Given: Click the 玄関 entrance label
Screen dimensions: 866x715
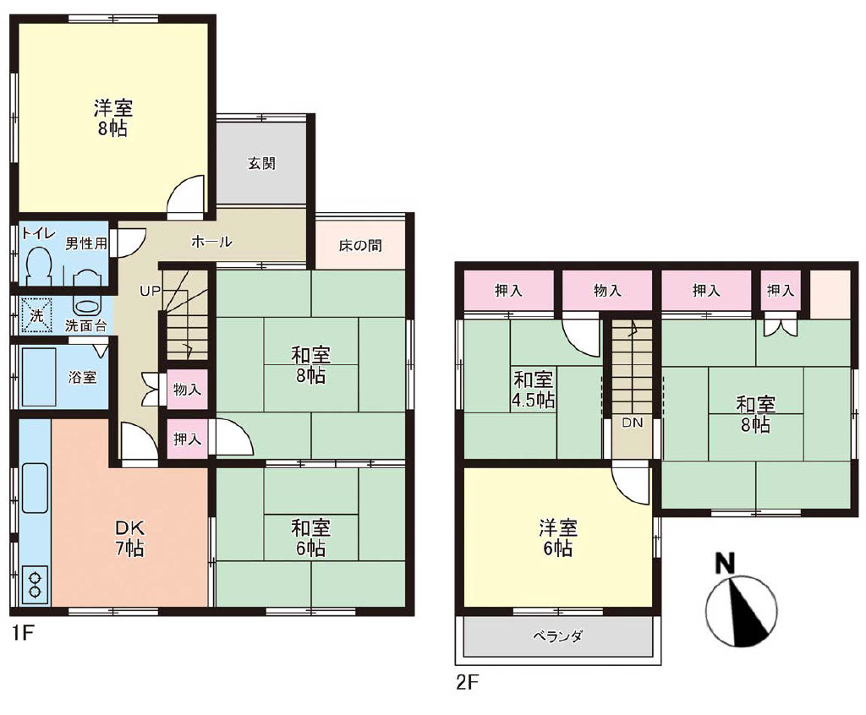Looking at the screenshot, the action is (261, 163).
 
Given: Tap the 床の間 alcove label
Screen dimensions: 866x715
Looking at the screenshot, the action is (360, 245).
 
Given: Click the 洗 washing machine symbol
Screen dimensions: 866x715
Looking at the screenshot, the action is (36, 316).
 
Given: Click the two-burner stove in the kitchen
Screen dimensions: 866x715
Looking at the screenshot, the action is (36, 585).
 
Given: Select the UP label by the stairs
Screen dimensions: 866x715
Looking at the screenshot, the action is (151, 291).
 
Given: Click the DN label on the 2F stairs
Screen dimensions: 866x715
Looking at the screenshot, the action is (633, 423).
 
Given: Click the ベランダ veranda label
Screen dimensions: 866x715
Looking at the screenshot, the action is (557, 636).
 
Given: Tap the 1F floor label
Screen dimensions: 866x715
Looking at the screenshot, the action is (23, 633).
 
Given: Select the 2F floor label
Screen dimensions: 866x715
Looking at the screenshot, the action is (467, 683).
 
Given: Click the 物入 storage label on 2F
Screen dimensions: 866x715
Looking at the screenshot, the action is (607, 291).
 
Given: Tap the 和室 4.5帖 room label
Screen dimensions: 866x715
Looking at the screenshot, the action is (533, 390).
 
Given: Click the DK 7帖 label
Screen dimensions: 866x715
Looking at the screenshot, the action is (129, 538).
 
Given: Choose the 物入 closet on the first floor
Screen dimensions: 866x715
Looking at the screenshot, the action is (187, 390).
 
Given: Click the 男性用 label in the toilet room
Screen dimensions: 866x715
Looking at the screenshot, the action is (85, 243).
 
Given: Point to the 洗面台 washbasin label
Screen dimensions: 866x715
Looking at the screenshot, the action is (85, 325).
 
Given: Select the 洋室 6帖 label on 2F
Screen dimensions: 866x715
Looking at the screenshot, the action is (558, 538).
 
